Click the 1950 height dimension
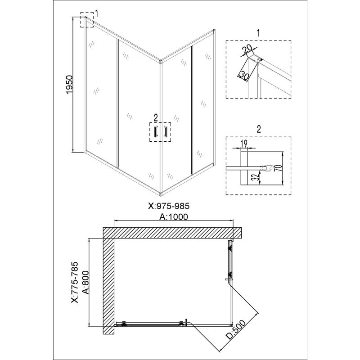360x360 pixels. (x=70, y=85)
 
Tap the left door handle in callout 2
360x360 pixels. (x=156, y=132)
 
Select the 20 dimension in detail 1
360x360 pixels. (x=248, y=49)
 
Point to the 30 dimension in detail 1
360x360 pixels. (x=243, y=76)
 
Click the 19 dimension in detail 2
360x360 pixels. (x=244, y=144)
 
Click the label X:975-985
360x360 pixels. (x=169, y=206)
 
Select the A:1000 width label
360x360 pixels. (x=174, y=216)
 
